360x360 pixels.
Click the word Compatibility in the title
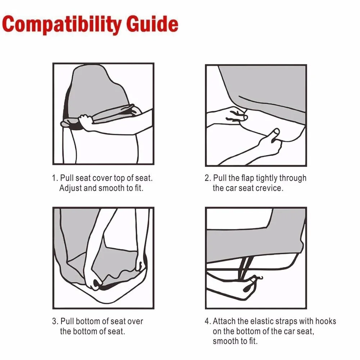click(x=62, y=24)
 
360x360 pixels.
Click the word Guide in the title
click(x=152, y=24)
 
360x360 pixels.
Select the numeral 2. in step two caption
click(x=208, y=178)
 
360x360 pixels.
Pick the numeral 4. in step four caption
click(x=208, y=321)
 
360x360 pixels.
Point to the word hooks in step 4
click(x=325, y=321)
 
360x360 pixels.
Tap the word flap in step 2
click(x=248, y=179)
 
